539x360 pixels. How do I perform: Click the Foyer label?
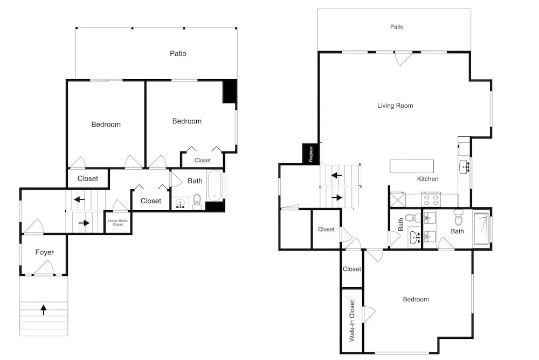(x=44, y=252)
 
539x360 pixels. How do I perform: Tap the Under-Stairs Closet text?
(x=118, y=223)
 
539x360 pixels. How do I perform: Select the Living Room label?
(x=395, y=106)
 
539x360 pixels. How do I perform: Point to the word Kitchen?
(x=427, y=179)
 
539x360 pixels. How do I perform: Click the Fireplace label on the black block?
(x=311, y=154)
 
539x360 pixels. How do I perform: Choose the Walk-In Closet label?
(x=351, y=321)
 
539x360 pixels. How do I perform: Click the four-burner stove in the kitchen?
(x=432, y=200)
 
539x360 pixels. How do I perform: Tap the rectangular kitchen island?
(x=411, y=166)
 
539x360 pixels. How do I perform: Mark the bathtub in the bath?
(x=216, y=186)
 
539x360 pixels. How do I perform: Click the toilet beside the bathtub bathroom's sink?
(x=197, y=202)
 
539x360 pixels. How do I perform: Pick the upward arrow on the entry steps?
(x=43, y=309)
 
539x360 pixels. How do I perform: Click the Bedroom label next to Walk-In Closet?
(x=416, y=299)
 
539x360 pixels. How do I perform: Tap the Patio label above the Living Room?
(x=397, y=26)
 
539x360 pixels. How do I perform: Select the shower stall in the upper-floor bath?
(x=481, y=230)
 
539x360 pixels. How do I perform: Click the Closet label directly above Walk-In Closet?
(x=351, y=269)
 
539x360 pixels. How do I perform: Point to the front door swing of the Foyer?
(x=44, y=267)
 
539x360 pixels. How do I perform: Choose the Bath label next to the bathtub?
(x=195, y=181)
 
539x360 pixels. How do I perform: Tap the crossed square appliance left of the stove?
(x=398, y=200)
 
